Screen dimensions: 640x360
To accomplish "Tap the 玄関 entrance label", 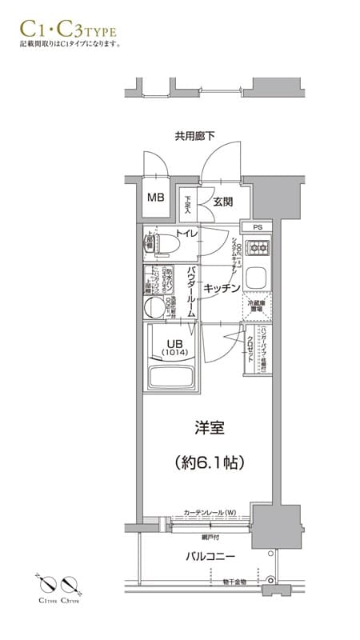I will click(223, 202).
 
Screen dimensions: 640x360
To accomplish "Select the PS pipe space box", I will click(257, 227).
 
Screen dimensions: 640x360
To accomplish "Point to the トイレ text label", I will click(187, 234).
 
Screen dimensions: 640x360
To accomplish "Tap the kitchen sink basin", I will click(258, 280).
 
